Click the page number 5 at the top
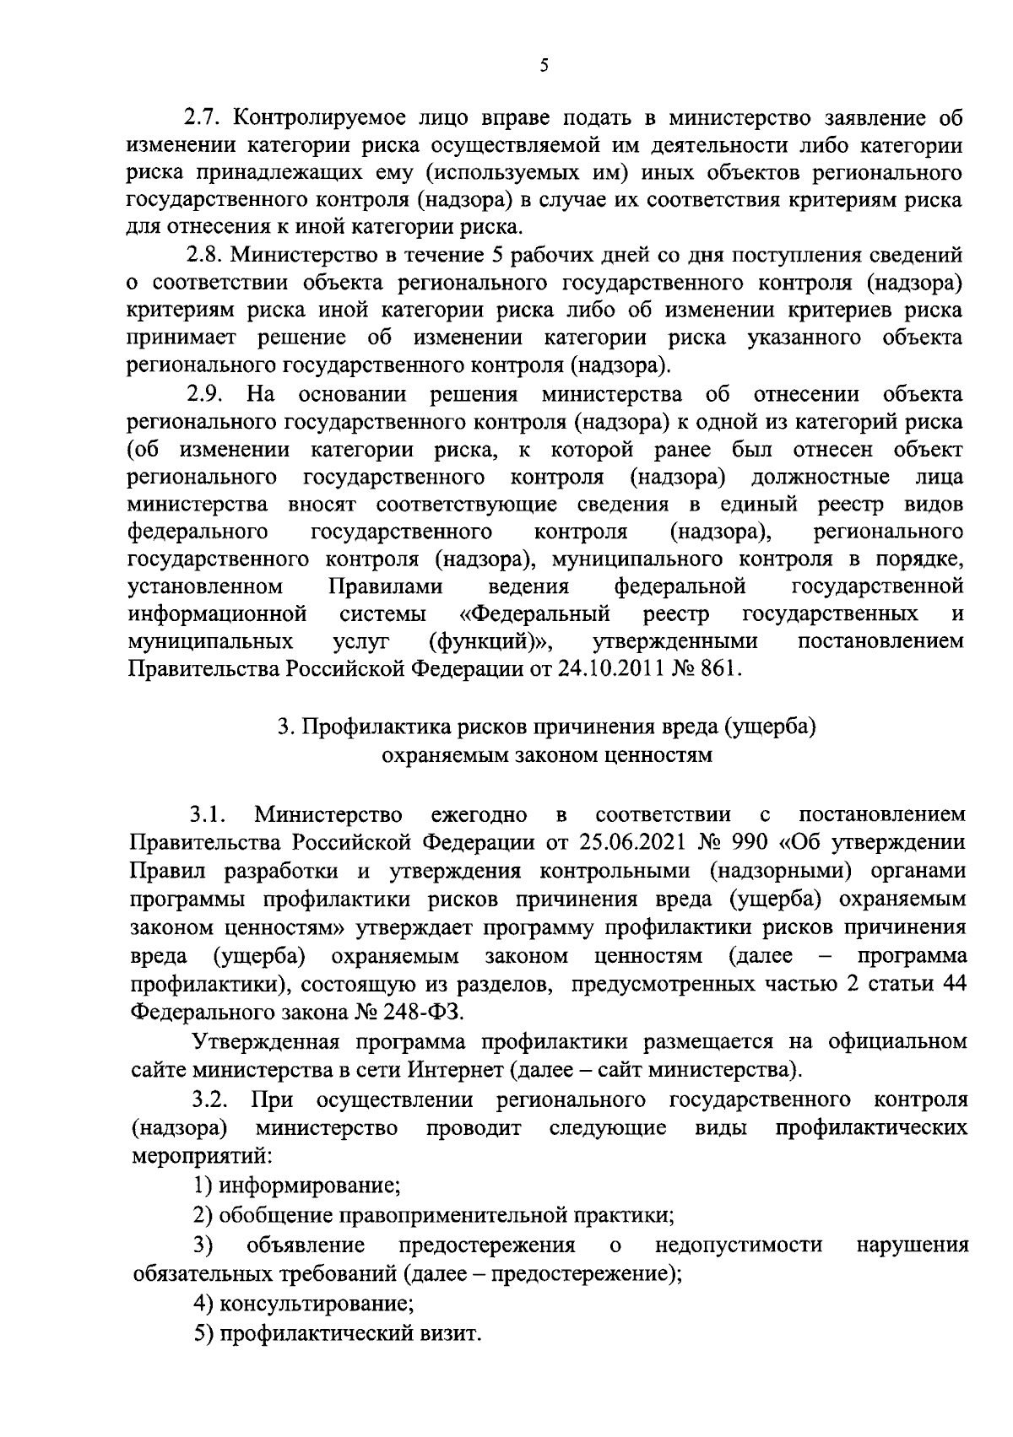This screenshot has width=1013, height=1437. click(x=544, y=65)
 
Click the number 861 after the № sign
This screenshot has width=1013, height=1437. click(x=723, y=669)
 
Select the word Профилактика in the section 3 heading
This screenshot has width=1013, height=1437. click(x=376, y=727)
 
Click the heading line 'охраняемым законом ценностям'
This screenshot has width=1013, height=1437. click(x=547, y=754)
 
